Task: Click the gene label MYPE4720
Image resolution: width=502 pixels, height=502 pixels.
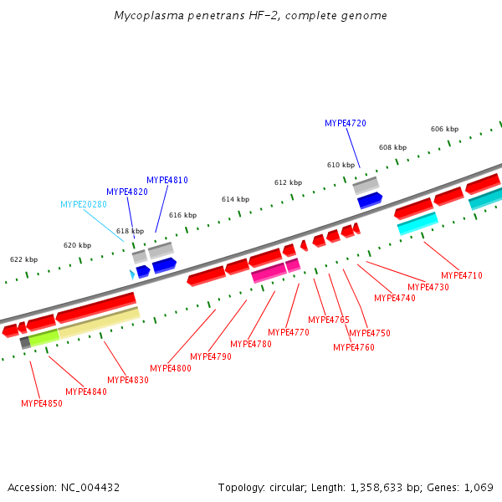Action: [346, 123]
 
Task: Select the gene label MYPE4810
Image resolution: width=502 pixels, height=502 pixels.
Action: [167, 180]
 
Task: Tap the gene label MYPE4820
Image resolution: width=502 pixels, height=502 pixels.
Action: [127, 192]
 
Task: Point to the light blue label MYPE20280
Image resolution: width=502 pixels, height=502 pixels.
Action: [84, 204]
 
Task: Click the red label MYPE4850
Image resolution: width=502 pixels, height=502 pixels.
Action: [42, 403]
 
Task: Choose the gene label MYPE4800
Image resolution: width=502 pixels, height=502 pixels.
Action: [171, 368]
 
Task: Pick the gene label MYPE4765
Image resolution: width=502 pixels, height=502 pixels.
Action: [329, 320]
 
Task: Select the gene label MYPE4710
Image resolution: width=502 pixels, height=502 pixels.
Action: [462, 275]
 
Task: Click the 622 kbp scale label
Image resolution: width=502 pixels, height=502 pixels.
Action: [23, 259]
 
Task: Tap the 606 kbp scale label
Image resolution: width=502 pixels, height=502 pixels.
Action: [444, 129]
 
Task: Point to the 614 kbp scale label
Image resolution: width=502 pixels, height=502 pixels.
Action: [235, 199]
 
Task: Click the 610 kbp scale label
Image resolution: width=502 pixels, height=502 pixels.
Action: [341, 165]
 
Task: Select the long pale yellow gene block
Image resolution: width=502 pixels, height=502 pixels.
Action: [98, 322]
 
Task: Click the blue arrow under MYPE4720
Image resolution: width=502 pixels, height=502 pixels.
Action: [369, 201]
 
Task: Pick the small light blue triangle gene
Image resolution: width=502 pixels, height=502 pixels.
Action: [132, 274]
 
